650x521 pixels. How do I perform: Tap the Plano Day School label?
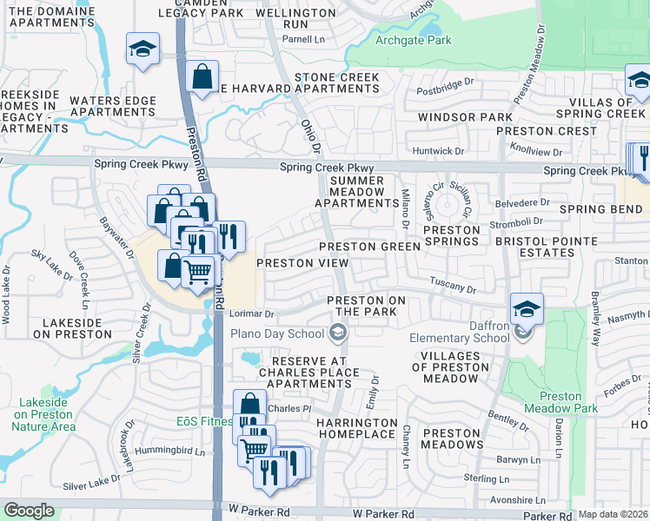276,333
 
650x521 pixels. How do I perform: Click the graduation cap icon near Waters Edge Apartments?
141,49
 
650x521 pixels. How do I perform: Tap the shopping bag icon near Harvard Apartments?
202,77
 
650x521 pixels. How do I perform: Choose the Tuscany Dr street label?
453,286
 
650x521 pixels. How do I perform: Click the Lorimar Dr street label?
251,313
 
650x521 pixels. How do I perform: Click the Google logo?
29,510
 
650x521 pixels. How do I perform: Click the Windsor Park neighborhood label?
465,116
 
